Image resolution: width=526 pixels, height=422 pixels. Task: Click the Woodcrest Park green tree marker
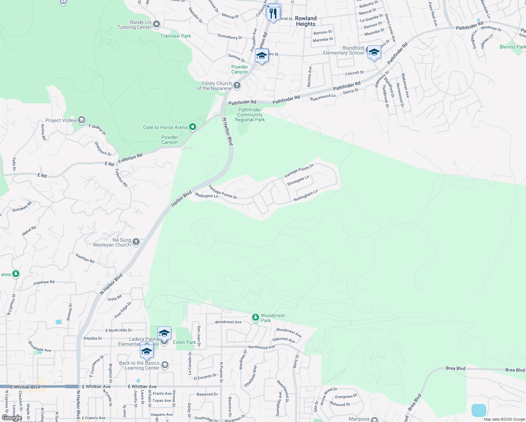256,318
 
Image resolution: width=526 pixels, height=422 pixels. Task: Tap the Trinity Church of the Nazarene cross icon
237,85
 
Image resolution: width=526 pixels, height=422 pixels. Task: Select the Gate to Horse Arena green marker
193,127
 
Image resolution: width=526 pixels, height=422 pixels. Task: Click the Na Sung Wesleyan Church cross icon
136,242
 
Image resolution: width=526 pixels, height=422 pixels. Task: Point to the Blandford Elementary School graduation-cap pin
374,53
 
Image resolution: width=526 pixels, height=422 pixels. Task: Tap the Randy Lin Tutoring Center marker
156,24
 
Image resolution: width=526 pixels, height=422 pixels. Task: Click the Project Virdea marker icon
82,120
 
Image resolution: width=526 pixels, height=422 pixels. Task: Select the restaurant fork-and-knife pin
273,13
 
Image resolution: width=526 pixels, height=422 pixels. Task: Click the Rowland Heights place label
306,21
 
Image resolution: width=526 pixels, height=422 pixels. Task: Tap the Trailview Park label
175,36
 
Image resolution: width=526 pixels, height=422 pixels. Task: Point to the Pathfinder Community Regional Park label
250,115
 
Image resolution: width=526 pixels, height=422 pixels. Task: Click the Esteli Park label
185,342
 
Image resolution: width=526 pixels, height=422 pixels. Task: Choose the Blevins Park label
512,47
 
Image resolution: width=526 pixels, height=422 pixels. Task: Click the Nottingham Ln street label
306,196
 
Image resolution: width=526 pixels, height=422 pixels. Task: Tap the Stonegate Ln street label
298,180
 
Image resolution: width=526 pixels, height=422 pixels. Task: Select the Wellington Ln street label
206,196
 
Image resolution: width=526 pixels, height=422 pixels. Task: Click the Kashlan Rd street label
85,258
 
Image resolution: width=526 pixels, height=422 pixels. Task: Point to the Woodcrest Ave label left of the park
228,322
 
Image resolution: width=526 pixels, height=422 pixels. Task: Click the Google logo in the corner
12,418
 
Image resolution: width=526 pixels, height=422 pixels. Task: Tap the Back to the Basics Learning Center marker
165,365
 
